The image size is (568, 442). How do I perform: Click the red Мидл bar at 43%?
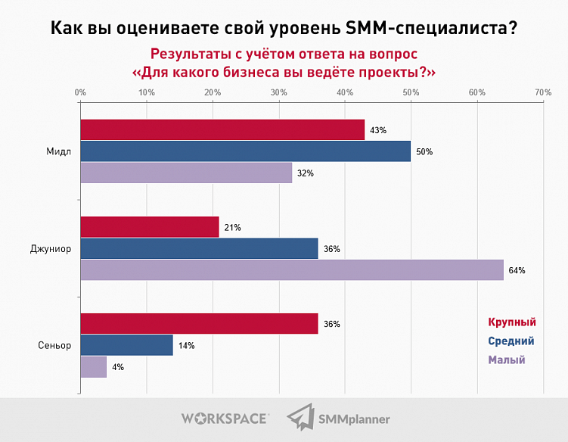coord(222,129)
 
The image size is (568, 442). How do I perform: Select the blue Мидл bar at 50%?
coord(245,151)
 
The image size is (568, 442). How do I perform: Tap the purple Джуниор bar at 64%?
coord(291,270)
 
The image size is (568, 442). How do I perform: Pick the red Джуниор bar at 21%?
coord(150,226)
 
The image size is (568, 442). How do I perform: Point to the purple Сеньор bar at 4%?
coord(93,367)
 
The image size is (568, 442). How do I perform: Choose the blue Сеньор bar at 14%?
coord(126,345)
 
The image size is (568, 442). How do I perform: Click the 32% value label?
coord(305,173)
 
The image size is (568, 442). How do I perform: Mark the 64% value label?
coord(517,270)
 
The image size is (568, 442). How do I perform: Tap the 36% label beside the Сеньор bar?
coord(331,324)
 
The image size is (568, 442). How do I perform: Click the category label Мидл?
coord(58,151)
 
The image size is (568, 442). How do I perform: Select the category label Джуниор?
coord(51,248)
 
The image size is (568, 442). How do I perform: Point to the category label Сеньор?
coord(54,345)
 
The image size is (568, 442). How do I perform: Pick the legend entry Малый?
coord(507,360)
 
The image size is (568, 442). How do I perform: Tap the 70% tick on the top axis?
coord(543,92)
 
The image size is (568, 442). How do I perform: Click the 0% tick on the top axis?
coord(80,92)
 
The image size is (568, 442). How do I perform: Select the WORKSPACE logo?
coord(224,419)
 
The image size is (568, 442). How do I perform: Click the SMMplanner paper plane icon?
coord(300,419)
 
